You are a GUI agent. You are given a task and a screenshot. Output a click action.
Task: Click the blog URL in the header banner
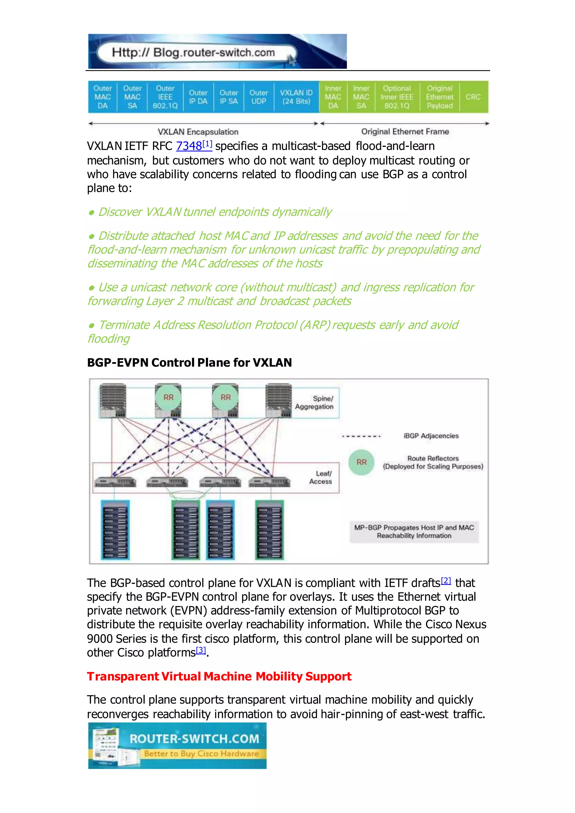(193, 53)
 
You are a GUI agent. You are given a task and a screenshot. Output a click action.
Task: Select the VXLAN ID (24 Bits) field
(296, 97)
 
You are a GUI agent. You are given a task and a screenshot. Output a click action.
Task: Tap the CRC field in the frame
(473, 97)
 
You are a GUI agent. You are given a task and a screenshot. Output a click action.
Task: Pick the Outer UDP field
(259, 97)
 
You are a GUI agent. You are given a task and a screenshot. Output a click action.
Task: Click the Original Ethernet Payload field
(439, 97)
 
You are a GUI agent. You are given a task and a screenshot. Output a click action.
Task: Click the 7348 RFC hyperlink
(189, 146)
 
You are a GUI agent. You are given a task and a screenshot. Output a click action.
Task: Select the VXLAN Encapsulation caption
(198, 132)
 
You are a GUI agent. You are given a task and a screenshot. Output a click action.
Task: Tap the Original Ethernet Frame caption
(405, 132)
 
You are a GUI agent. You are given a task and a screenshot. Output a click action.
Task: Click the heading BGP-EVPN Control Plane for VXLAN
(190, 363)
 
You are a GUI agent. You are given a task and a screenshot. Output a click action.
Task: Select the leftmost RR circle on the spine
(168, 397)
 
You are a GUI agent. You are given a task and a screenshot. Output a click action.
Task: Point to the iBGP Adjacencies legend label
(431, 436)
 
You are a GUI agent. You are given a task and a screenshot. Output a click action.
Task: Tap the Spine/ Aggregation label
(314, 403)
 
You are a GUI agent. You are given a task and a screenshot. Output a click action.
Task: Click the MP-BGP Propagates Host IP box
(414, 531)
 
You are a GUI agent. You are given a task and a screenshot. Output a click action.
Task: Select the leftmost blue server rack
(115, 530)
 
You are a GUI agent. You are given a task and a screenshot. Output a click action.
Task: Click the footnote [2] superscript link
(446, 581)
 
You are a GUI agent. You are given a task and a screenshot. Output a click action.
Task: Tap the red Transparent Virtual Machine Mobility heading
(219, 676)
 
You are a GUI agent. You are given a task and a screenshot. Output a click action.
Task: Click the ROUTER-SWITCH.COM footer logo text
(194, 739)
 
